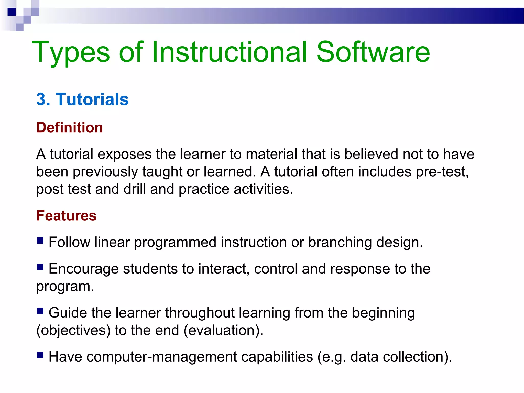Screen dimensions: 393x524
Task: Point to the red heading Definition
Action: point(70,127)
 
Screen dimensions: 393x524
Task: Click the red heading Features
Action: point(66,215)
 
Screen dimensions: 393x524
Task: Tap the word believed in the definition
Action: point(371,154)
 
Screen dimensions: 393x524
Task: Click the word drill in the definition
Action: point(135,189)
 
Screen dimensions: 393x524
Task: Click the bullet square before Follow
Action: point(40,241)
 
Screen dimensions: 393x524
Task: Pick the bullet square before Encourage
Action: point(40,267)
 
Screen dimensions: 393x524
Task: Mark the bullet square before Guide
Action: point(40,311)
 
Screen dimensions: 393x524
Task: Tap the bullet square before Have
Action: point(40,355)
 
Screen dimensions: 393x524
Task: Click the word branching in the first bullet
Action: point(340,242)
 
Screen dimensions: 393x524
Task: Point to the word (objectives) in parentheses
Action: point(73,330)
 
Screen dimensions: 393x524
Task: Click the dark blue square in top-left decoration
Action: point(12,12)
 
